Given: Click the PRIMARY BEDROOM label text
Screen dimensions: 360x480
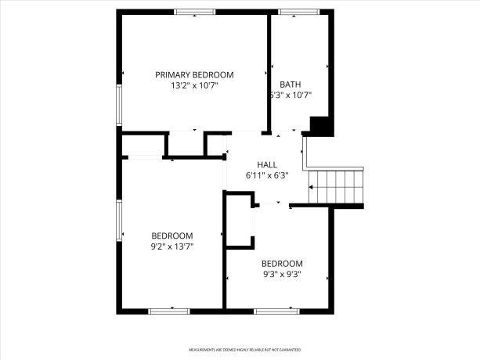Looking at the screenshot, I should pos(194,75).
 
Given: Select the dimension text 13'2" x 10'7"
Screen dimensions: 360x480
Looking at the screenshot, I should pos(194,85).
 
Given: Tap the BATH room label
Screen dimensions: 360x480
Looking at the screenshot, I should pos(290,85).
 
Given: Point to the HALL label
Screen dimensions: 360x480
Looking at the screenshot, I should pos(267,165).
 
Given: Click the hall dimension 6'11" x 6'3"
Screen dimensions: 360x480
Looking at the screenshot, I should pos(267,176).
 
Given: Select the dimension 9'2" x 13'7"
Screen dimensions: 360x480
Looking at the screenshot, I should pos(172,247).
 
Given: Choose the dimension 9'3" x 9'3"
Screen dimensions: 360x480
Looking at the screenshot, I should pos(282,275).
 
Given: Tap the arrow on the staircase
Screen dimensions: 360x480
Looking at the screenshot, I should pos(312,187).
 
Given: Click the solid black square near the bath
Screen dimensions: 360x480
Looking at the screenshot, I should pos(321,126).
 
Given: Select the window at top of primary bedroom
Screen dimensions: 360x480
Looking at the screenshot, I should pos(195,12).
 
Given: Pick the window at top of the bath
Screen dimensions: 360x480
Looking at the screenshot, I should pos(294,12).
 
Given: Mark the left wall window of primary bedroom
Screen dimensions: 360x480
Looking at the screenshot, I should pos(119,103).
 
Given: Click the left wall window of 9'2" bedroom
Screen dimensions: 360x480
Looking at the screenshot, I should pos(119,221).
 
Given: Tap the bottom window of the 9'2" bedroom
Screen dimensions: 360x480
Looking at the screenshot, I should pos(169,311).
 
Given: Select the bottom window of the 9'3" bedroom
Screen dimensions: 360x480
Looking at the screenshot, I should pos(276,311).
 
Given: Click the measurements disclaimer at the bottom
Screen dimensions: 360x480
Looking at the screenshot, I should pos(244,349).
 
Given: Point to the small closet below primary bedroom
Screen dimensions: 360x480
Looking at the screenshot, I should pos(186,144).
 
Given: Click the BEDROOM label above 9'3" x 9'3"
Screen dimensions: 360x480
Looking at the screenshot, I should pos(282,264).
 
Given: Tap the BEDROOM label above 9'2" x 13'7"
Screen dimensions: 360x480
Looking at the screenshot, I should pos(172,236).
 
